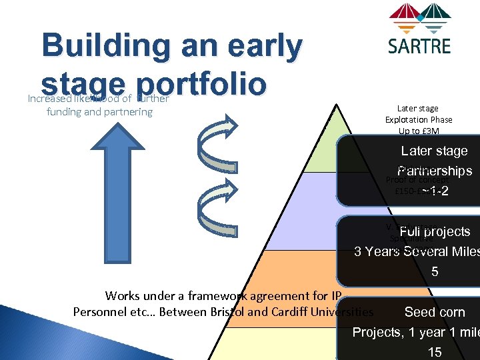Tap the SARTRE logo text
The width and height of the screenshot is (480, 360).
click(x=419, y=45)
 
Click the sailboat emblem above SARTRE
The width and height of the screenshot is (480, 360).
click(x=419, y=18)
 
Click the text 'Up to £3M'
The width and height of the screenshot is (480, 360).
click(x=419, y=131)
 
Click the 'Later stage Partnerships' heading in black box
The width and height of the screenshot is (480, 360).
click(x=434, y=161)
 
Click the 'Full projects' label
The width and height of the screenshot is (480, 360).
click(x=435, y=232)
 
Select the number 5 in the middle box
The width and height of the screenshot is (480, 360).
click(x=435, y=272)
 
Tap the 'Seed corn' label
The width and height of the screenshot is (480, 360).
click(x=435, y=312)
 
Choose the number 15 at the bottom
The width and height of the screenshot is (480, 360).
click(x=435, y=351)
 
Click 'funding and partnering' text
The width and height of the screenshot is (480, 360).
click(x=99, y=112)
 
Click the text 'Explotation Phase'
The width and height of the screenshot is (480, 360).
click(x=419, y=119)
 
